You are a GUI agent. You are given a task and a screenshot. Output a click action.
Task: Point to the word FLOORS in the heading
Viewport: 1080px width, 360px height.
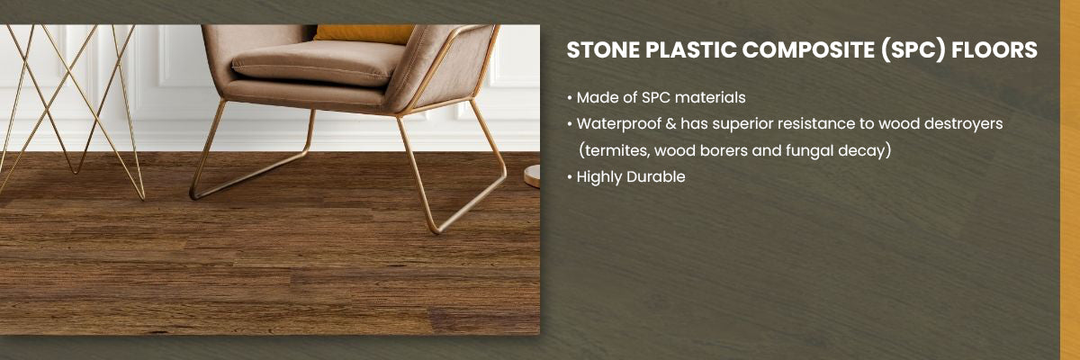click(x=994, y=50)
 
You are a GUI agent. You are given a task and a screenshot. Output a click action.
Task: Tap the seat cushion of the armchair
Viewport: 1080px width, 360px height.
click(x=319, y=63)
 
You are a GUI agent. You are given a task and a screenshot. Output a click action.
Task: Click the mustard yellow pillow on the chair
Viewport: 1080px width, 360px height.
click(x=363, y=33)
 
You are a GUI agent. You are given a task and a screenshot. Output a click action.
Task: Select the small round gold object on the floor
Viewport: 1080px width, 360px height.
click(x=532, y=175)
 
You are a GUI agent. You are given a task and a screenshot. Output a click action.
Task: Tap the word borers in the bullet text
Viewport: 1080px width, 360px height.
click(x=724, y=151)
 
